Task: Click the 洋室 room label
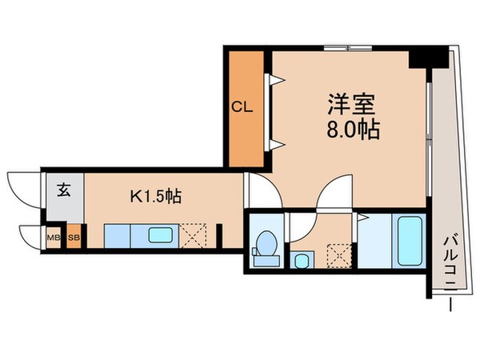352,104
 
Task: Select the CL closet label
242,107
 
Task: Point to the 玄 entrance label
63,190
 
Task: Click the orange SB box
74,238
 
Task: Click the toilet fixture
265,246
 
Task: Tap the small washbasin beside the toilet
302,260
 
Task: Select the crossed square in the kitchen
194,237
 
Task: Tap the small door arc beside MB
30,237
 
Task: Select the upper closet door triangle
275,79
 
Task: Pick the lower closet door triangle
275,144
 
